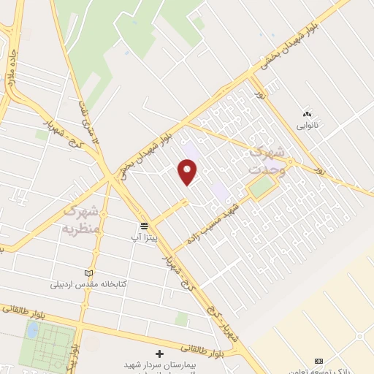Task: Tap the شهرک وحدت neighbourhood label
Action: [267, 159]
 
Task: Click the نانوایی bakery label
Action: [308, 125]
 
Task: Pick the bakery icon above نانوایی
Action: [307, 113]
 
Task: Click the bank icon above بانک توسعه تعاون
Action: [318, 361]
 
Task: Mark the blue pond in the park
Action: [32, 329]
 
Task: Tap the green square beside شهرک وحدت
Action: [260, 188]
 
